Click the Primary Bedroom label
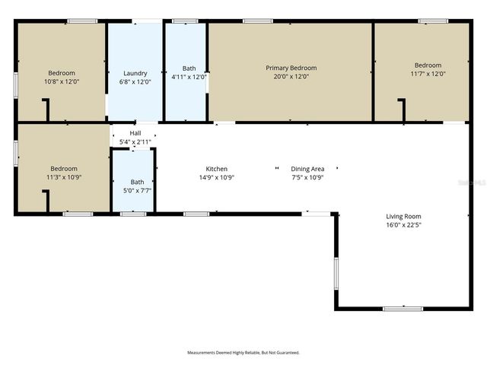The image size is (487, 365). [x=291, y=68]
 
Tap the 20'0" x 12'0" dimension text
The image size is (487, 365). [x=291, y=76]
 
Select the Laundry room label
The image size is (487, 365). [x=135, y=73]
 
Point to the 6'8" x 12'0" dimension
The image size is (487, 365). [x=135, y=81]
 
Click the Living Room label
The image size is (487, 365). [x=403, y=217]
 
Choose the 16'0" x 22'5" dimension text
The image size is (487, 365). [x=403, y=225]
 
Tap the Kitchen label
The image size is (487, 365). [x=217, y=169]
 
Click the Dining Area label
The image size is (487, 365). [x=307, y=169]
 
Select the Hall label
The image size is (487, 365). [x=135, y=133]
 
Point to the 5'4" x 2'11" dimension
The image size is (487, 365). [x=135, y=141]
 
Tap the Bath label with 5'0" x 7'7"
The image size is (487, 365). [x=137, y=182]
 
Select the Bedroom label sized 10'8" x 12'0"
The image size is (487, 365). [x=62, y=73]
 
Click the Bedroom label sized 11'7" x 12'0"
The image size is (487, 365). [x=428, y=65]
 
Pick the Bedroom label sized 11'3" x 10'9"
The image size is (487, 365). [x=64, y=169]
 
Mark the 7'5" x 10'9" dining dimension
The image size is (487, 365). [x=307, y=177]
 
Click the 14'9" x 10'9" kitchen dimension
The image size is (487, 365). [x=217, y=177]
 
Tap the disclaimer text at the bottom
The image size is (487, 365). [x=243, y=353]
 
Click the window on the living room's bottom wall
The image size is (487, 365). [x=403, y=308]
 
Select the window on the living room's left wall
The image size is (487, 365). [x=335, y=273]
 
